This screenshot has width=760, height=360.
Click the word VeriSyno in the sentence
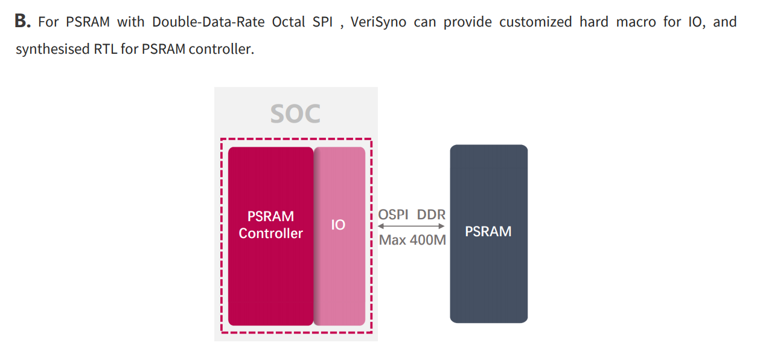click(x=378, y=22)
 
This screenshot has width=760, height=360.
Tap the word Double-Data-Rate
click(x=208, y=22)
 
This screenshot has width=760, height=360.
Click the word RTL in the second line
click(x=105, y=50)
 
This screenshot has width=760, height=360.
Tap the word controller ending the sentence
click(x=221, y=50)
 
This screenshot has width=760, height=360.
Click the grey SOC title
click(x=295, y=114)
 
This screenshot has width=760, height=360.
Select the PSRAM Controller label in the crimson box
click(x=270, y=225)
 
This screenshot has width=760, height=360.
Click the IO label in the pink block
click(x=338, y=225)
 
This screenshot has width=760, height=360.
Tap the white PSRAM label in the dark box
click(x=488, y=231)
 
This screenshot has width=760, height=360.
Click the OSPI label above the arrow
click(x=393, y=214)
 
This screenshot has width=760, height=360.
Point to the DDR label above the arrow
click(x=431, y=214)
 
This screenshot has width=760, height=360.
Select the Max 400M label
click(x=412, y=240)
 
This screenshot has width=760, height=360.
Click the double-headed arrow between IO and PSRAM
click(x=411, y=226)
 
